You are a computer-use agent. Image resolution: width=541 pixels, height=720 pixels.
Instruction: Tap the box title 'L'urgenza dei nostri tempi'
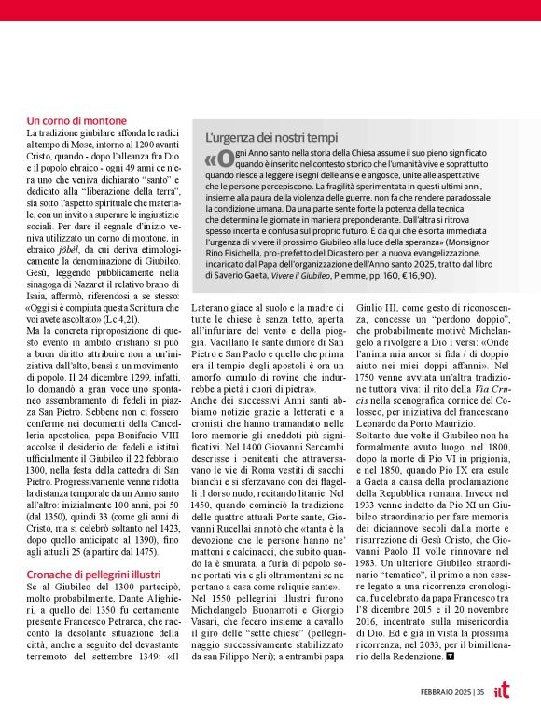tap(265, 138)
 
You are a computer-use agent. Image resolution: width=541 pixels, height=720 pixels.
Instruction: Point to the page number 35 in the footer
tap(479, 692)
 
